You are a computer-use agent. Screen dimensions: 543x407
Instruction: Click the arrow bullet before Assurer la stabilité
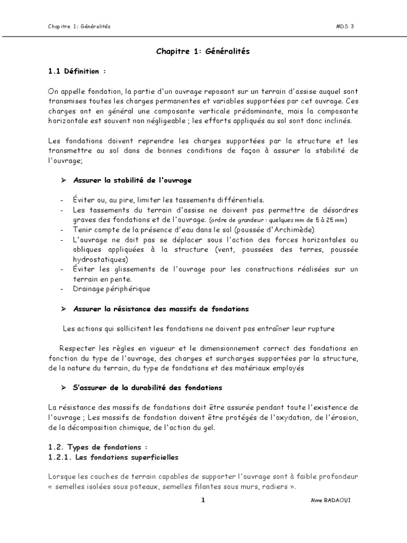(63, 180)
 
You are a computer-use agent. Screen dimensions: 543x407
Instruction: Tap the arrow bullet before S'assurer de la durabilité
(63, 388)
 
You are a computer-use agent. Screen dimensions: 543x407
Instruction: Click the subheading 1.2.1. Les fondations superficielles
(112, 457)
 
